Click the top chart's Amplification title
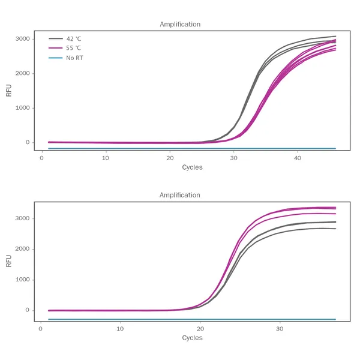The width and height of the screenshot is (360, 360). click(x=180, y=25)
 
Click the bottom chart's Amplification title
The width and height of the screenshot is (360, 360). click(x=180, y=196)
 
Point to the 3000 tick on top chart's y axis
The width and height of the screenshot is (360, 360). click(x=22, y=39)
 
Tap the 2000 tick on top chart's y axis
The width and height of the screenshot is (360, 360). click(x=22, y=74)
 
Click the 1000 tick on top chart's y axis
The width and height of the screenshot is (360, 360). click(x=22, y=108)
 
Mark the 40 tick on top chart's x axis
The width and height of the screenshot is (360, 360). click(x=298, y=158)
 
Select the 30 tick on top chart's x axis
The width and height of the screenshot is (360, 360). click(x=233, y=158)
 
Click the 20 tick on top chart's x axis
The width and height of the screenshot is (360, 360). click(x=170, y=158)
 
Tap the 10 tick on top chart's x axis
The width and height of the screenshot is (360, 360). click(x=106, y=158)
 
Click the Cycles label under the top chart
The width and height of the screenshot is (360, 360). click(x=192, y=167)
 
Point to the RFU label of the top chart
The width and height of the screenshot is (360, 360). click(x=9, y=90)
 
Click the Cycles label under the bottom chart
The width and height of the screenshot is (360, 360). click(x=192, y=338)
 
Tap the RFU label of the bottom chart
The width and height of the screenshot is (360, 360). click(x=9, y=261)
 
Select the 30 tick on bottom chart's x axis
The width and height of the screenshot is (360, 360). click(x=279, y=329)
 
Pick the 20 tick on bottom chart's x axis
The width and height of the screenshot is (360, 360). click(x=200, y=329)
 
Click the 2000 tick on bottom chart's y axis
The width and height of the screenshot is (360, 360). click(x=22, y=249)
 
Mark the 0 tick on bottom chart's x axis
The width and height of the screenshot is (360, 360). click(x=40, y=329)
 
